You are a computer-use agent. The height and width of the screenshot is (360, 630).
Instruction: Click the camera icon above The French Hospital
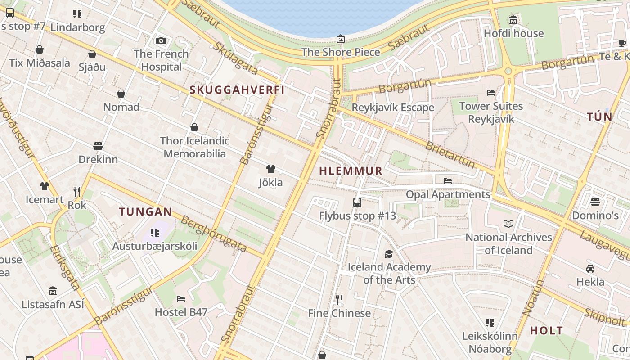coord(161,41)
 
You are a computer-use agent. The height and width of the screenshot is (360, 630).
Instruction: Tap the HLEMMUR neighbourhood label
coord(351,171)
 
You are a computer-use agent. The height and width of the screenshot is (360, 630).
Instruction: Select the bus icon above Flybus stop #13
coord(357,202)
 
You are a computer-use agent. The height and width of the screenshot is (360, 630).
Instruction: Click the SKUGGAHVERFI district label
coord(237,90)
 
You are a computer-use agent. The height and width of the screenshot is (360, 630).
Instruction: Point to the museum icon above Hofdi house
coord(513,20)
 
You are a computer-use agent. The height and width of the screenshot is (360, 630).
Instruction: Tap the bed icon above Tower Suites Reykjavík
coord(491,93)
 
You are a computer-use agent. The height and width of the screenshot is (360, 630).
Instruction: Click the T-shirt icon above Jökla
coord(270,169)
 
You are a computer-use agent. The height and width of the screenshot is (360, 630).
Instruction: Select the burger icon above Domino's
coord(595,202)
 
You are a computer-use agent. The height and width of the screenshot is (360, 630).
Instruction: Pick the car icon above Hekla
coord(590,269)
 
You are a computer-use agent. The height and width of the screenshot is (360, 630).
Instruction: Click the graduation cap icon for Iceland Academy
coord(389,254)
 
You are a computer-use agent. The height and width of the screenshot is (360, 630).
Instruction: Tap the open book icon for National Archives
coord(508,224)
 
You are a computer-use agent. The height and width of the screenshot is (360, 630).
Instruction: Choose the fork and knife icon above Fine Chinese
coord(339,299)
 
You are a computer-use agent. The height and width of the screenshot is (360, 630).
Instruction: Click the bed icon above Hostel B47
coord(181,298)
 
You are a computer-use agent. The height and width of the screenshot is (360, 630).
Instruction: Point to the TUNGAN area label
coord(145,211)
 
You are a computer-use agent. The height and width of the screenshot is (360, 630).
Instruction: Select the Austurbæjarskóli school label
coord(155,246)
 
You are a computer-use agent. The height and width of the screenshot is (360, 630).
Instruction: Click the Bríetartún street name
coord(450,154)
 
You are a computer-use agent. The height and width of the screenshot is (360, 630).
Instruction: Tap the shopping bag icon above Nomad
coord(121,94)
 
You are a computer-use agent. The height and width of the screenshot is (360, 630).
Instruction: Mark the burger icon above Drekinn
coord(98,146)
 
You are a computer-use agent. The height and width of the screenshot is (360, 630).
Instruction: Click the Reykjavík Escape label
coord(392,108)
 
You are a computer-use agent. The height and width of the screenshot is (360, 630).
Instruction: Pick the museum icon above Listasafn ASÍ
coord(53,291)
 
